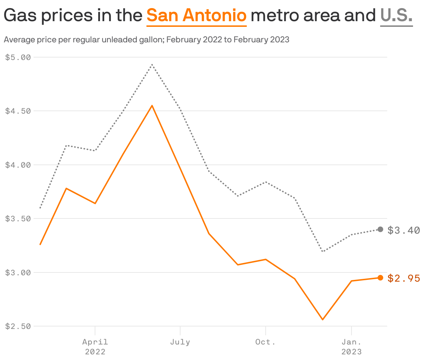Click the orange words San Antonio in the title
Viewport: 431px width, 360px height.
tap(196, 16)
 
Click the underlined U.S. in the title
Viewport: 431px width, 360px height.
tap(396, 16)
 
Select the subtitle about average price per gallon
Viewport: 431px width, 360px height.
tap(146, 40)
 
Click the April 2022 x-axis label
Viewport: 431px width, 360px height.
tap(95, 346)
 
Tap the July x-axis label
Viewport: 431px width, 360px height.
tap(180, 342)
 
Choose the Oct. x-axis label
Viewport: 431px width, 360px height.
tap(265, 342)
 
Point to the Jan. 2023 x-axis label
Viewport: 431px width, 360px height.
tap(351, 346)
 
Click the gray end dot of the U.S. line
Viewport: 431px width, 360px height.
tap(380, 229)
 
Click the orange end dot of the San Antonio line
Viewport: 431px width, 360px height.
tap(380, 278)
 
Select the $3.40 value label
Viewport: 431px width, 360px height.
tap(404, 230)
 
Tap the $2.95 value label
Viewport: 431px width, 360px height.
tap(404, 278)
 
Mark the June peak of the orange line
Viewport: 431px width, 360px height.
tap(152, 106)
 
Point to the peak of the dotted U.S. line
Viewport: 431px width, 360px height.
tap(152, 65)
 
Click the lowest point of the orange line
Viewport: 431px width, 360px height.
tap(323, 320)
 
